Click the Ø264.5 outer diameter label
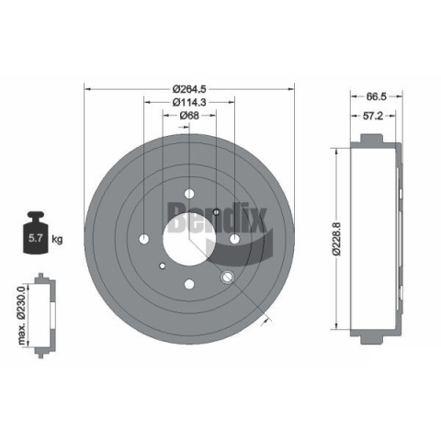(189, 89)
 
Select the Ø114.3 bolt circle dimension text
(189, 102)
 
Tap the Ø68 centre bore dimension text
(189, 116)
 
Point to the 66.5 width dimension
(377, 96)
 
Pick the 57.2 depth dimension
(373, 116)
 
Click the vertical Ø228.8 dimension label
(336, 239)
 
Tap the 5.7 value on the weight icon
(35, 238)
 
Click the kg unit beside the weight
(57, 239)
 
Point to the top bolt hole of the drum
(189, 194)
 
